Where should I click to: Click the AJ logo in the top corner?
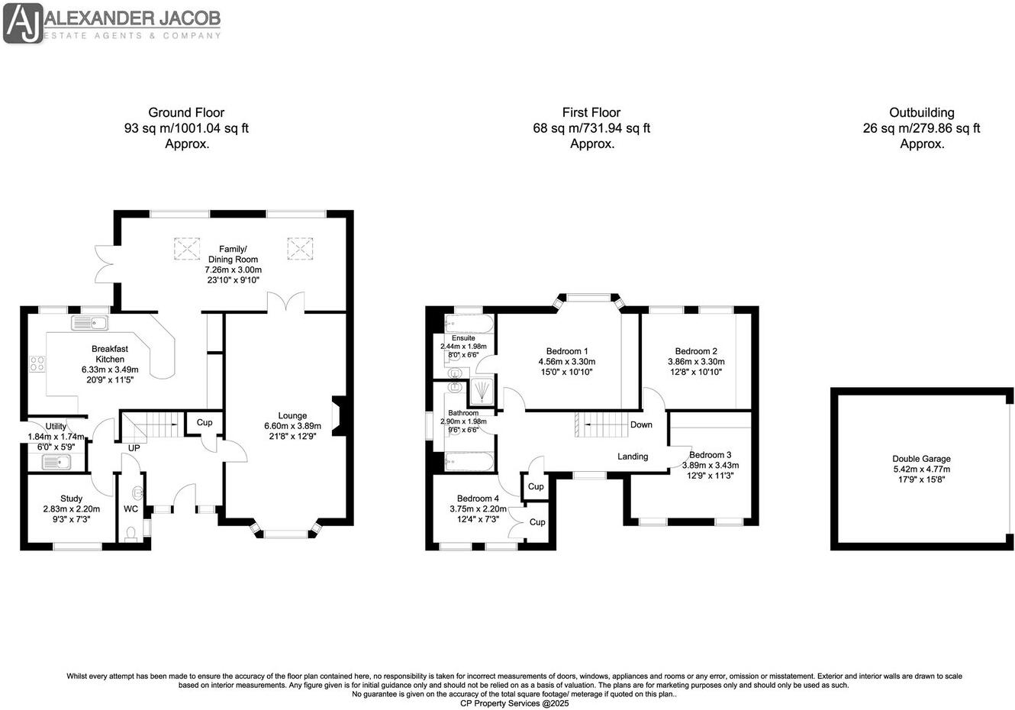tap(23, 23)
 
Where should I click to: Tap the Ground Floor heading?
tap(186, 113)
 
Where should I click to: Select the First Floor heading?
tap(591, 113)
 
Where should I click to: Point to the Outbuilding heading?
tap(921, 113)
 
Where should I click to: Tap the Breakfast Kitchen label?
tap(110, 354)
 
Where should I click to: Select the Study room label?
tap(71, 499)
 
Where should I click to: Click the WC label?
tap(130, 508)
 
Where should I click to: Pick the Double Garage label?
tap(922, 459)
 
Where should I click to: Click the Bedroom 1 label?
tap(567, 352)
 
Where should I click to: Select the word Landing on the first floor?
tap(633, 457)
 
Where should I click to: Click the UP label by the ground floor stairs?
tap(134, 448)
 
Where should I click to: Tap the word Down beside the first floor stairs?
tap(641, 424)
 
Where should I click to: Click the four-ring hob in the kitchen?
tap(36, 364)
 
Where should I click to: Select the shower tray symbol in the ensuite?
tap(482, 391)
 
